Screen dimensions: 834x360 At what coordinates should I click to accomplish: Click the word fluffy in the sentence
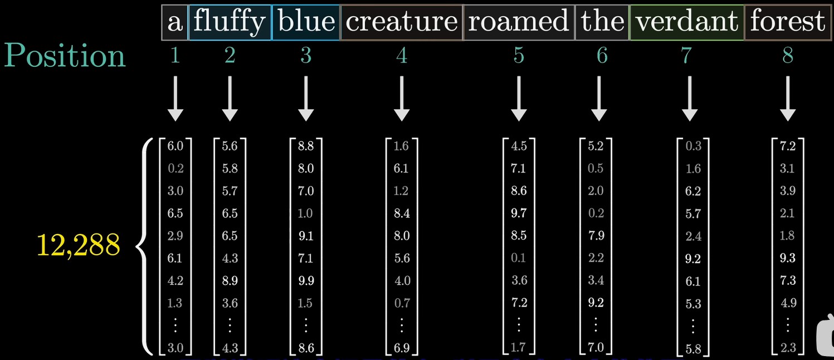230,22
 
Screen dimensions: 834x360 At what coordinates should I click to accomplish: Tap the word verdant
686,22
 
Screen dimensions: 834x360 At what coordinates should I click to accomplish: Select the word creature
401,22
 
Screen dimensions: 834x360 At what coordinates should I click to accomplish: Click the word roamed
519,22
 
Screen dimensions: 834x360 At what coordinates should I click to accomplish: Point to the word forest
787,22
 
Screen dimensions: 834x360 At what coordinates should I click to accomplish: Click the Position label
65,56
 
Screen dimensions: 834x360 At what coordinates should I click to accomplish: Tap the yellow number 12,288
79,245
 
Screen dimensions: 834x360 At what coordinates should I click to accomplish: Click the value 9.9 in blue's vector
306,281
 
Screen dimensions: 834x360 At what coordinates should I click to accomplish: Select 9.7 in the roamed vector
519,213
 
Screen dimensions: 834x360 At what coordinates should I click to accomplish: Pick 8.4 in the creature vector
401,213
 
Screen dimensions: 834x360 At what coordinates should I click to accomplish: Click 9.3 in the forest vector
788,259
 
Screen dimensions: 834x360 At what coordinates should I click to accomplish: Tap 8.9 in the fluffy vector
230,281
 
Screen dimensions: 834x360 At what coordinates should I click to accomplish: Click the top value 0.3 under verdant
694,147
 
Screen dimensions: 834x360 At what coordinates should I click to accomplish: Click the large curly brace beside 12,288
143,245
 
